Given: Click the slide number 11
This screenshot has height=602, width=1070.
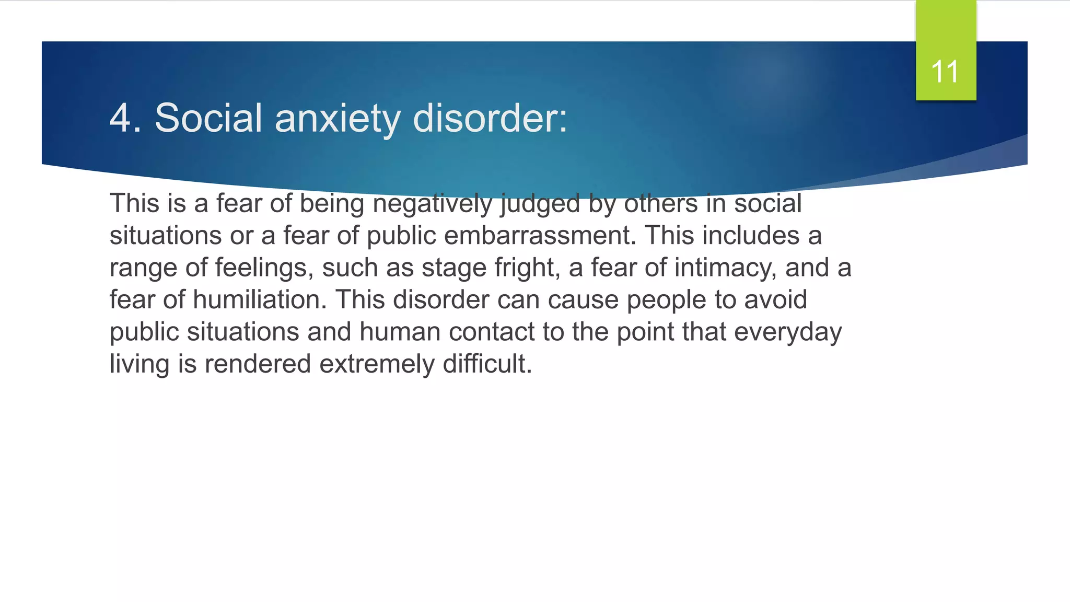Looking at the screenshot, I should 945,72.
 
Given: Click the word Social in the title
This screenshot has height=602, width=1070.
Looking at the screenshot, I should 208,118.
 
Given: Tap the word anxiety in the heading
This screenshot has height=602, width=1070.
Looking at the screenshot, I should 338,118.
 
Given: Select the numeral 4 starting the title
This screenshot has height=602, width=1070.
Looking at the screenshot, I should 120,118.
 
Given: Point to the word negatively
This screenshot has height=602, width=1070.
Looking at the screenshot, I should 432,204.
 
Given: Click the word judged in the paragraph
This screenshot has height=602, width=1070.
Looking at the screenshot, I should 540,204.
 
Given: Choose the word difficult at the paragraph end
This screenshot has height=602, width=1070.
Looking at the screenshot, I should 487,364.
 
